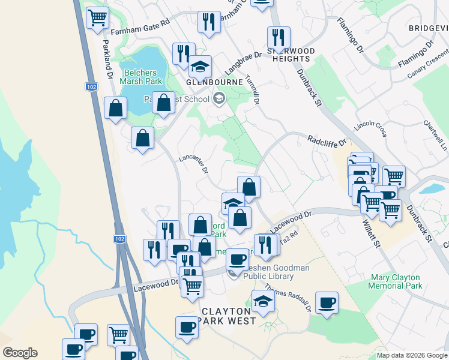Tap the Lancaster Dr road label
(x=193, y=163)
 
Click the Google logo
(x=20, y=353)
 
